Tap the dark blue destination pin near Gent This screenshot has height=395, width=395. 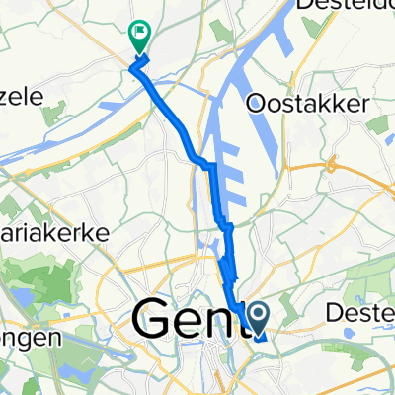pos(259,318)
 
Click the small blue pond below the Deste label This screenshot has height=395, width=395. pos(374,344)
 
